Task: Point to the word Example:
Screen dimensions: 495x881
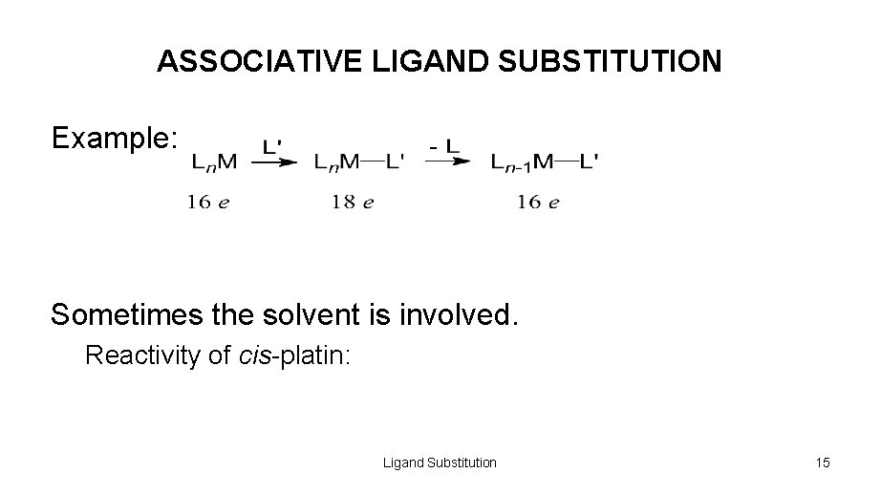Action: click(x=115, y=139)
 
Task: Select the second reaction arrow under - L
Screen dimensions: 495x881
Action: click(x=447, y=162)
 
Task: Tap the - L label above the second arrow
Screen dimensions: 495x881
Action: click(x=444, y=147)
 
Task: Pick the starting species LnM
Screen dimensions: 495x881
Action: click(x=215, y=163)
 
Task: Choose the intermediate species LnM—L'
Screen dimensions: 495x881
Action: click(x=358, y=163)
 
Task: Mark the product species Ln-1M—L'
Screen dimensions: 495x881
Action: click(x=545, y=163)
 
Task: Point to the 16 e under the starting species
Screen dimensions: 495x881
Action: click(x=208, y=202)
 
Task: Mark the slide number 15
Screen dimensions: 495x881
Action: click(x=823, y=463)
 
